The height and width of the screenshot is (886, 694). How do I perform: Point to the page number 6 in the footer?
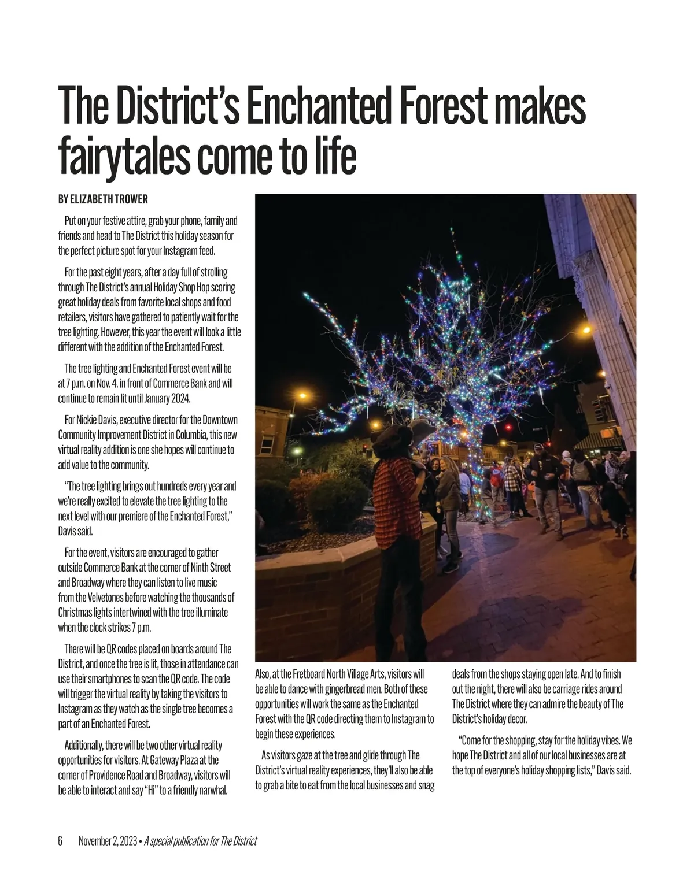coord(60,841)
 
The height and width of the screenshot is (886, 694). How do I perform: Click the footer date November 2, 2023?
coord(108,841)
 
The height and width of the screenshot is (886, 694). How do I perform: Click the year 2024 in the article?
coord(179,398)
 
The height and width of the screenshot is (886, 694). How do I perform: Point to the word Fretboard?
coord(307,674)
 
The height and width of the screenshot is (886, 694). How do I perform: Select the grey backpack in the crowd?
coord(581,471)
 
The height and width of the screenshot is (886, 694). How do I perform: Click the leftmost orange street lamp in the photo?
coord(301,396)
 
